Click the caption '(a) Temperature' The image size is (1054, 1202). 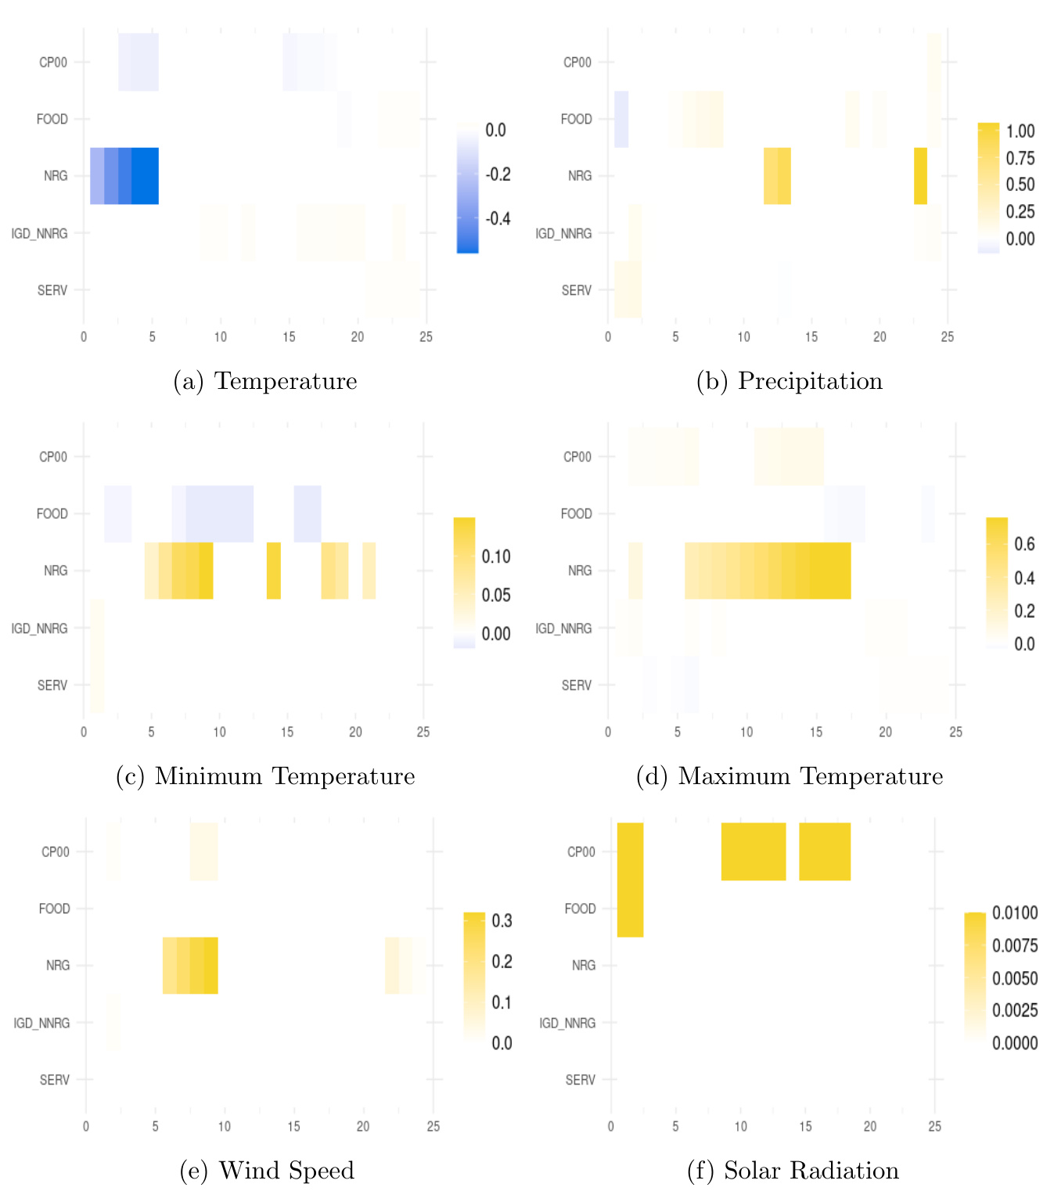265,381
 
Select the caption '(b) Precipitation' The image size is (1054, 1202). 790,381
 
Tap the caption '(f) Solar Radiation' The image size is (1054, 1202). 793,1171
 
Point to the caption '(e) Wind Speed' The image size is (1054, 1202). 267,1171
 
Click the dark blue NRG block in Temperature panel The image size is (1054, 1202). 145,176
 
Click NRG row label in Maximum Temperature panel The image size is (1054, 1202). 580,570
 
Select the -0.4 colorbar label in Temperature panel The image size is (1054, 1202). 498,218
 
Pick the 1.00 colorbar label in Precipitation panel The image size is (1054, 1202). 1020,131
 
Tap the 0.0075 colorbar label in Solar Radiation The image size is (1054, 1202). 1015,945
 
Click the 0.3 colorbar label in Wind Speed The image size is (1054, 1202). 502,921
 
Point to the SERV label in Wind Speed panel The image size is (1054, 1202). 55,1080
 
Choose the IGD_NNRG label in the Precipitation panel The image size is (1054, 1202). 563,233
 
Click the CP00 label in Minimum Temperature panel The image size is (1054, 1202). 53,457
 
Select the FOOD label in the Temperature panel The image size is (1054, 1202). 52,119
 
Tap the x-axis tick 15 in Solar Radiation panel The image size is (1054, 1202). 805,1127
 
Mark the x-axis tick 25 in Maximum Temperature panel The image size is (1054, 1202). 955,732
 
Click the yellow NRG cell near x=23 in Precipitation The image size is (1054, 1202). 920,176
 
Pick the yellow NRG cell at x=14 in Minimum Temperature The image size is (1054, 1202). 273,570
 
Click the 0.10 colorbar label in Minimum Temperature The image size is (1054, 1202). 496,557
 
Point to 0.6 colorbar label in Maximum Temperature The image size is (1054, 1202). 1024,544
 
